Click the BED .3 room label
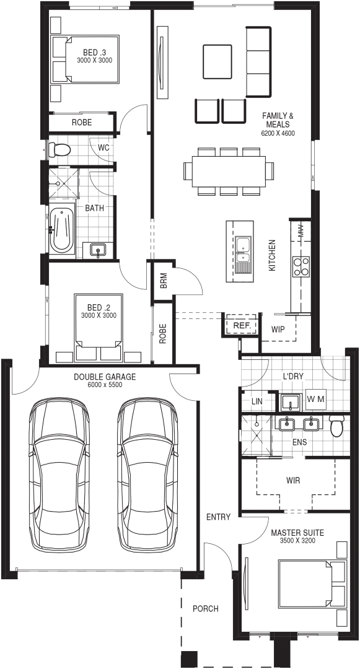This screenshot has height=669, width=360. (x=94, y=53)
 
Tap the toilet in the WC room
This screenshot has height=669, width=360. (x=59, y=149)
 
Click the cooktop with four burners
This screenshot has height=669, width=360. (x=301, y=266)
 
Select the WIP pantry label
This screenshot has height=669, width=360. (x=278, y=330)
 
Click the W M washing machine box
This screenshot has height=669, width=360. (x=316, y=400)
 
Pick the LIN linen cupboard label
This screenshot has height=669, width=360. (x=257, y=401)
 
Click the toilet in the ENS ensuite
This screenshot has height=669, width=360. (x=337, y=426)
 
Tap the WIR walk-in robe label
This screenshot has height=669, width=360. (x=293, y=481)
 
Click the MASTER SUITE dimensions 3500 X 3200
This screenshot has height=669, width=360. (x=297, y=540)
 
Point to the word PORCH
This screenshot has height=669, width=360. (x=205, y=608)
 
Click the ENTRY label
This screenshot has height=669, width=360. (x=218, y=517)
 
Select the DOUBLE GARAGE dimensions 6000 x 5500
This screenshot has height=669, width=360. (x=105, y=385)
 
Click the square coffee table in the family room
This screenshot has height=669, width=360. (x=217, y=61)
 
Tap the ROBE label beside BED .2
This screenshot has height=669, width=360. (x=162, y=333)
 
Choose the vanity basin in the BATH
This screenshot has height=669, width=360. (x=99, y=250)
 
